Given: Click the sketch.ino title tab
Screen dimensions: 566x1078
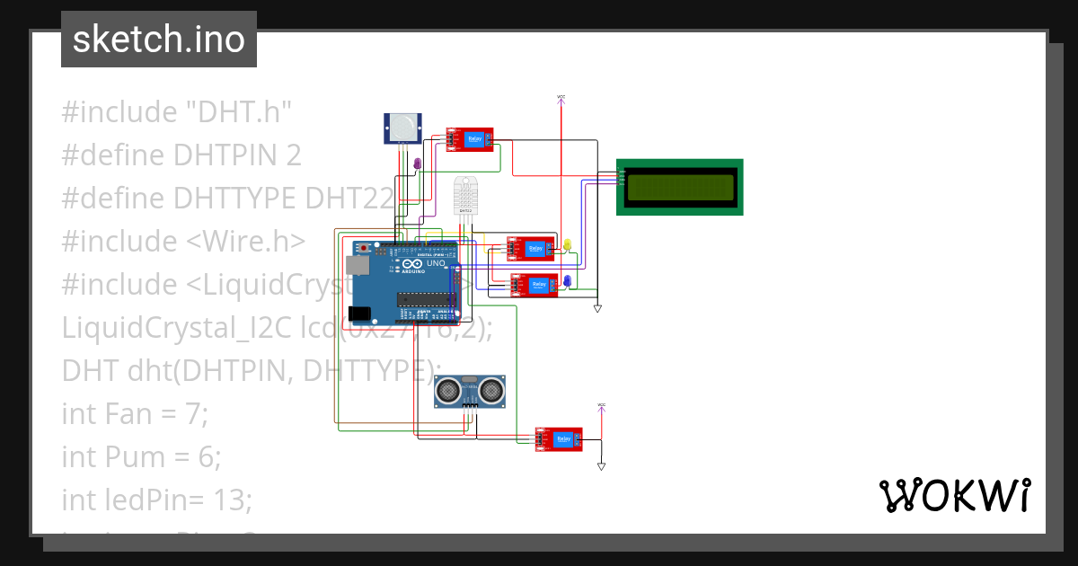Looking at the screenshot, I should pyautogui.click(x=159, y=40).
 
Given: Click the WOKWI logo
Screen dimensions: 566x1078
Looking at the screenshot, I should pyautogui.click(x=953, y=495).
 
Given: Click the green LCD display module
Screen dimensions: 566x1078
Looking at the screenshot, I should pyautogui.click(x=679, y=187).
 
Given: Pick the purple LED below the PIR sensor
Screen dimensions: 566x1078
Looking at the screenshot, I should pyautogui.click(x=416, y=164).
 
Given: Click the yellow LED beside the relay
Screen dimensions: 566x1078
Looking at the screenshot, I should pyautogui.click(x=567, y=244).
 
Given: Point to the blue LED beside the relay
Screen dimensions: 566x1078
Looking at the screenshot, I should pyautogui.click(x=567, y=282).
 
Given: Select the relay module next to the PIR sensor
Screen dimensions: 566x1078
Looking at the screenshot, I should pyautogui.click(x=470, y=139).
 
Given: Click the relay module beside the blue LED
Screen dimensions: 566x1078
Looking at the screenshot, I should pyautogui.click(x=534, y=286).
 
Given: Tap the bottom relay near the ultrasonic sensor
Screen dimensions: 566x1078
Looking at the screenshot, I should pyautogui.click(x=558, y=438).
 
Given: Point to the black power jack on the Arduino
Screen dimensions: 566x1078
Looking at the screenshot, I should pyautogui.click(x=358, y=313).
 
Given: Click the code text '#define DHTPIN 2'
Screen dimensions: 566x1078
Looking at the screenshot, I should pyautogui.click(x=181, y=155).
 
